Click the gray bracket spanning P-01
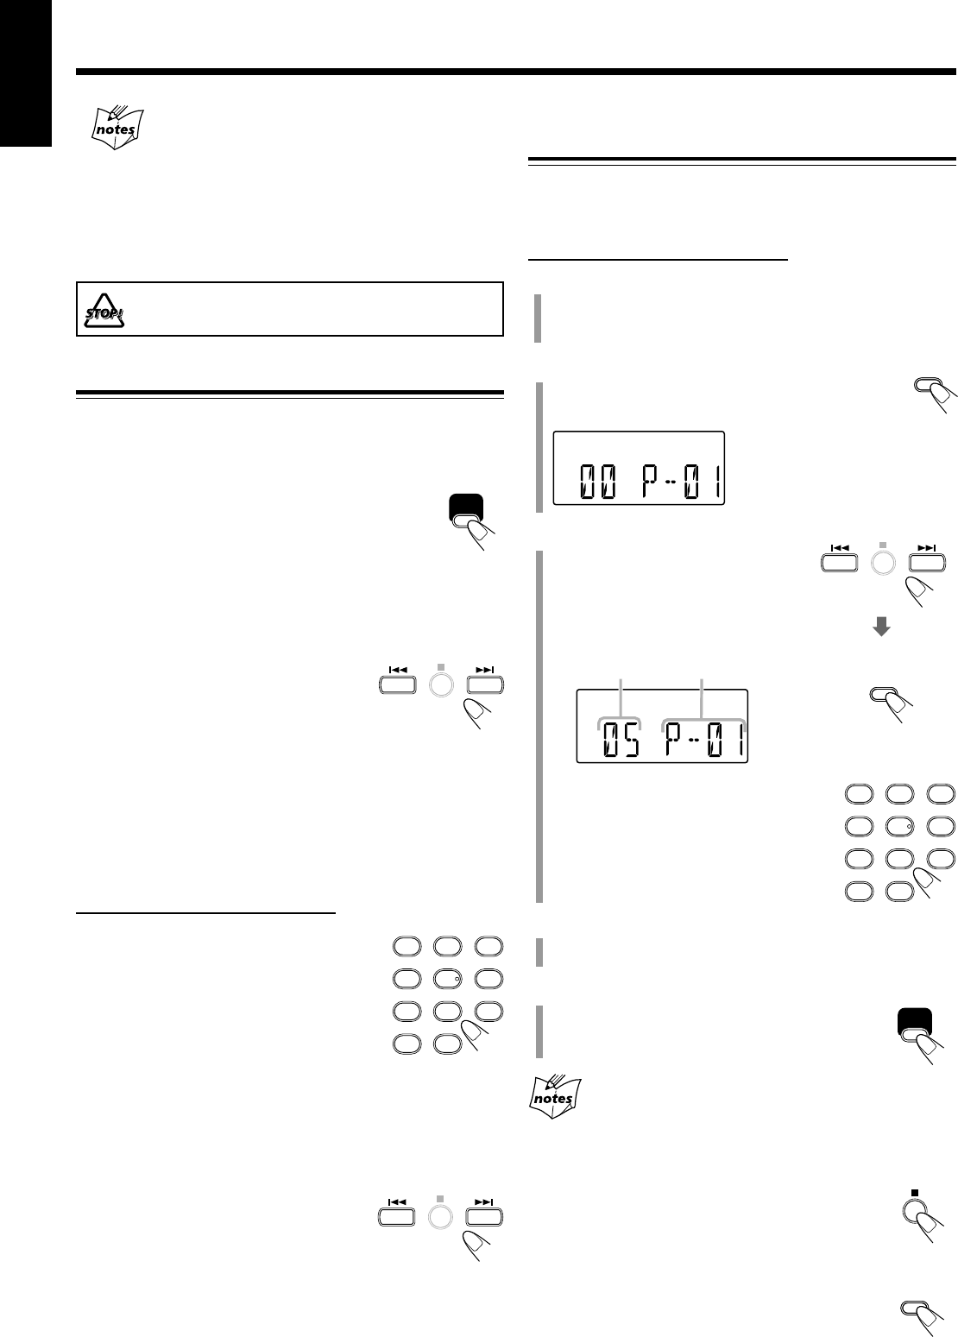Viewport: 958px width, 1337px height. point(704,720)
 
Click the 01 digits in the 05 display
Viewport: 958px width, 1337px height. point(723,739)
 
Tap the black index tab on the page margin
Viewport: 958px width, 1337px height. point(26,73)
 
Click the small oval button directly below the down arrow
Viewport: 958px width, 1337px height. point(886,696)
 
